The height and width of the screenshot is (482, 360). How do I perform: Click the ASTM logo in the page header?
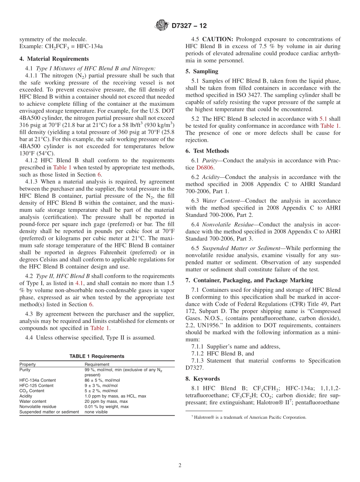click(x=162, y=26)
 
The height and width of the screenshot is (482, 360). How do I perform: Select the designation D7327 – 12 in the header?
click(x=189, y=26)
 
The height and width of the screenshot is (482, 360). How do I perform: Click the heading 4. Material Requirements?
click(x=54, y=59)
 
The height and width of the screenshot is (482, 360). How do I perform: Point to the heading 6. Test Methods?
click(x=207, y=151)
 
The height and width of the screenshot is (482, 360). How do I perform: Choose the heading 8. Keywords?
click(x=202, y=379)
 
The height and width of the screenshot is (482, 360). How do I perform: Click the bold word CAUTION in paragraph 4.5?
click(x=218, y=39)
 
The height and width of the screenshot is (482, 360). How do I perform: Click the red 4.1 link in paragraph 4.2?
click(x=79, y=283)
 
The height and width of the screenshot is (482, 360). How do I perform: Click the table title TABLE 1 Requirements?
click(x=97, y=356)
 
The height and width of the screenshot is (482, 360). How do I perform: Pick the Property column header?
click(x=28, y=364)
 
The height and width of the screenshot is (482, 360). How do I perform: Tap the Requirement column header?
click(x=97, y=364)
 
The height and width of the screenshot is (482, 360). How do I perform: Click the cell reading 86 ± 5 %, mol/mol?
click(x=102, y=380)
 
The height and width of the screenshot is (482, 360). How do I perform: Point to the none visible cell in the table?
click(x=96, y=412)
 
